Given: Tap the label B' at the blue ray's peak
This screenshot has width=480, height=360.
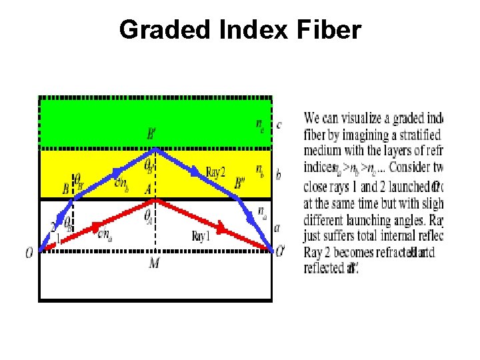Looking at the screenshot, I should [x=153, y=135].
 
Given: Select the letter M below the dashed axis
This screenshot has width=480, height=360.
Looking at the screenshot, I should [x=154, y=264].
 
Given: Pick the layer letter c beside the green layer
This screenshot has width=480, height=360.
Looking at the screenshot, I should [x=279, y=125].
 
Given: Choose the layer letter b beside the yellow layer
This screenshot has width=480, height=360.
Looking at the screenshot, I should [x=279, y=175].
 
